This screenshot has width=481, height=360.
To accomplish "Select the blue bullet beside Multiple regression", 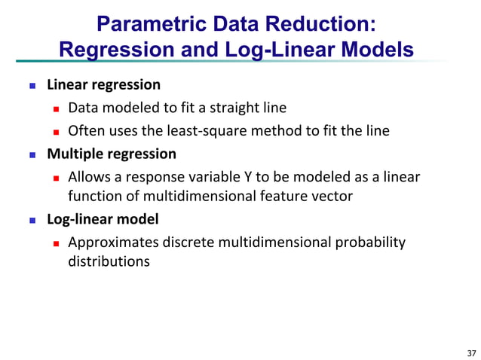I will click(32, 154).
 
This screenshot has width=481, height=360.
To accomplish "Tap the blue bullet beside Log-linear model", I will click(32, 221).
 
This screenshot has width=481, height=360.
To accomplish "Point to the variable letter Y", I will click(269, 177).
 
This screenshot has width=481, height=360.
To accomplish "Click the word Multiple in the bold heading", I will click(73, 154).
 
